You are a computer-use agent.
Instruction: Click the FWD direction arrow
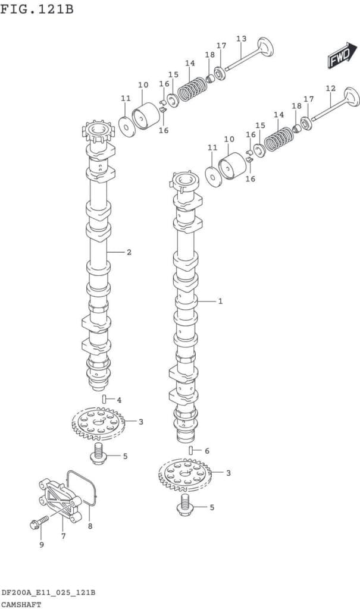tap(339, 55)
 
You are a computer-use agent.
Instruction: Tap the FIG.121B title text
tap(37, 10)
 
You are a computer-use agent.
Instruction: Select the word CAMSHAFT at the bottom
tap(21, 604)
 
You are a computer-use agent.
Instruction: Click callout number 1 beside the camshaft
tap(220, 302)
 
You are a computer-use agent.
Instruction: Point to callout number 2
tap(129, 252)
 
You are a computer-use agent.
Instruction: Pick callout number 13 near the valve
tap(241, 39)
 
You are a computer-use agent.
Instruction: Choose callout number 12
tap(330, 88)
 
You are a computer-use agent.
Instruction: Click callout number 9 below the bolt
tap(41, 545)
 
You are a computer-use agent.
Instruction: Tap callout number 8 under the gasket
tap(90, 526)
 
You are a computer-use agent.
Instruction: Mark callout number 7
tap(63, 536)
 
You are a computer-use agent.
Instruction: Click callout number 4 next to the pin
tap(119, 400)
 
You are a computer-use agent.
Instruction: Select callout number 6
tap(206, 451)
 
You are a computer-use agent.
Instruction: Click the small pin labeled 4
tap(104, 398)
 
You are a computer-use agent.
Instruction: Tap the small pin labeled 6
tap(191, 450)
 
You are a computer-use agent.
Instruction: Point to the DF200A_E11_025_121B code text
tap(48, 594)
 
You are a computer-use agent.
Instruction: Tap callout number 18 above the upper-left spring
tap(209, 55)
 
